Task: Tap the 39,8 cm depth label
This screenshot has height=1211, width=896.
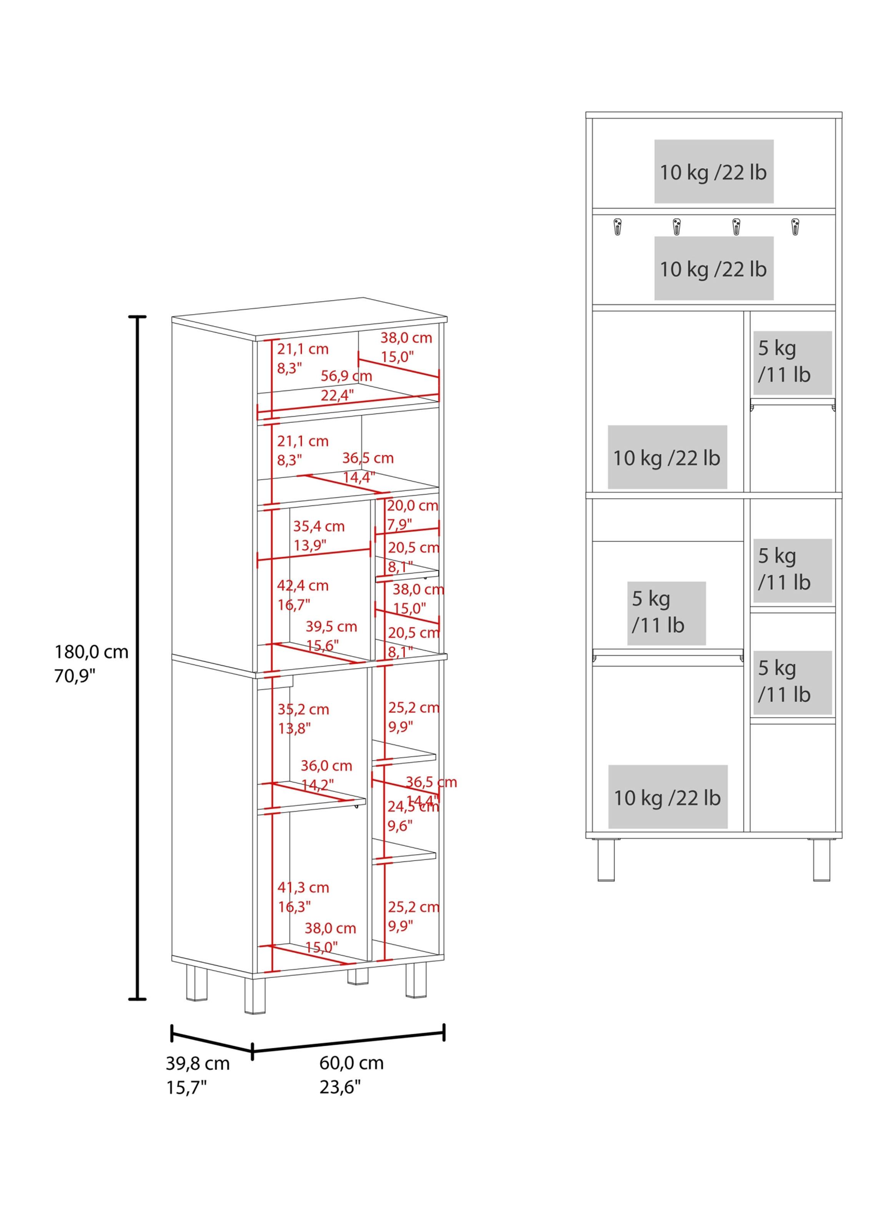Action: (198, 1063)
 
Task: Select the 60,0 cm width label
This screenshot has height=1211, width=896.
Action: (351, 1062)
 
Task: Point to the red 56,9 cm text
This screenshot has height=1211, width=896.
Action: (346, 376)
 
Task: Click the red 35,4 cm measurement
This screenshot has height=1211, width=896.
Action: (319, 526)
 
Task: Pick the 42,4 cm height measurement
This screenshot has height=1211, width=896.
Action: (303, 586)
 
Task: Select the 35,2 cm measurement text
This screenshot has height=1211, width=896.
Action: (303, 709)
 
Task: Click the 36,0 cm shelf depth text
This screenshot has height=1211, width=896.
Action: (326, 766)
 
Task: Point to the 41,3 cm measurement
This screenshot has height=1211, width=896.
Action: (303, 888)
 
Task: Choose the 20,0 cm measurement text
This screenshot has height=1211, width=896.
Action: (412, 506)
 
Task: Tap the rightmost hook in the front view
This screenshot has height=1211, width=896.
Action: (795, 226)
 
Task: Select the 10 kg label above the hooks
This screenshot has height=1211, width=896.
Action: (713, 172)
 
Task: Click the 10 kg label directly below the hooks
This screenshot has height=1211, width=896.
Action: (713, 268)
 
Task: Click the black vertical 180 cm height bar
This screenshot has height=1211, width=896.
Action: (138, 657)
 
